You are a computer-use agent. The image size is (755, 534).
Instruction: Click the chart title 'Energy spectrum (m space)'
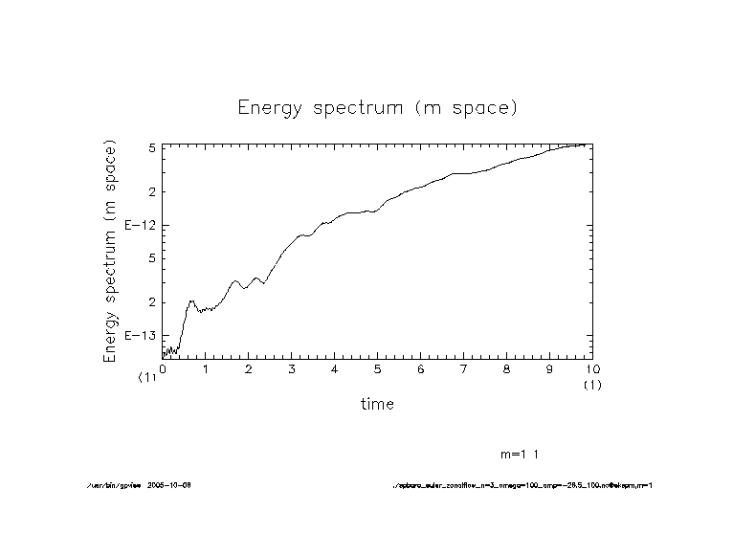tap(377, 107)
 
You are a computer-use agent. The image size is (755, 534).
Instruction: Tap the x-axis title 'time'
tap(377, 404)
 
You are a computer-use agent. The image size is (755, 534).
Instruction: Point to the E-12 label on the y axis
tap(139, 225)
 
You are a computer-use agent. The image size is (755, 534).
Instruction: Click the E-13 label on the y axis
tap(139, 336)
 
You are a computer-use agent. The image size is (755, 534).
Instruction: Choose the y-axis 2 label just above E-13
tap(151, 302)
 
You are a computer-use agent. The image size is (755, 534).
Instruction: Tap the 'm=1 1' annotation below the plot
tap(525, 454)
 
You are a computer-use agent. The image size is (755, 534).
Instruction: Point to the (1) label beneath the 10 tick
tap(592, 385)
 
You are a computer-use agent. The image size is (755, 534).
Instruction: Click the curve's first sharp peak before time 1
tap(191, 301)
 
